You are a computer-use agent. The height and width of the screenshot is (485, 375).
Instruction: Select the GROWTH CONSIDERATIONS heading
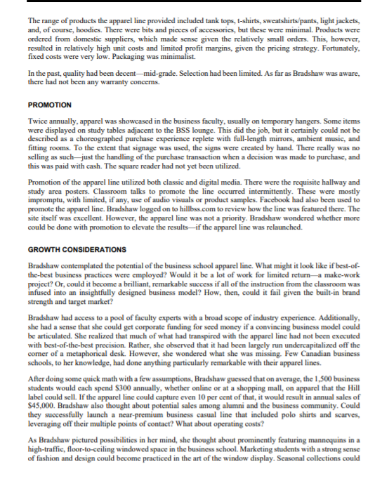pos(77,250)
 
